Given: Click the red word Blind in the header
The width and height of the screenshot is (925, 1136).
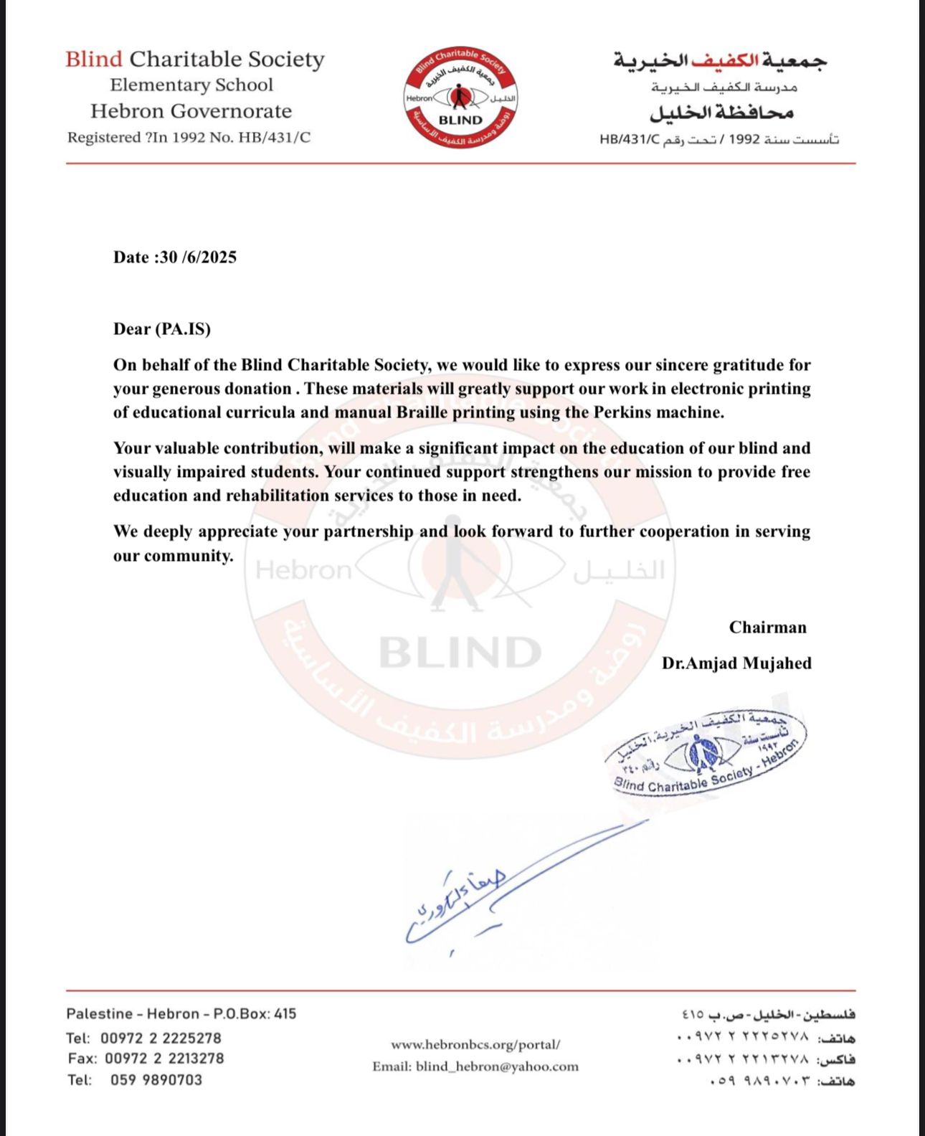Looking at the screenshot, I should [x=94, y=59].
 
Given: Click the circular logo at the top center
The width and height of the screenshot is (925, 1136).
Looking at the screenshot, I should [x=460, y=98].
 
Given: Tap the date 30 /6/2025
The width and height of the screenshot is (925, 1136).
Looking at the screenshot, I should [x=198, y=257].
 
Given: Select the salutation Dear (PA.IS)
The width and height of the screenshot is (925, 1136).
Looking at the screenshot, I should [x=162, y=329].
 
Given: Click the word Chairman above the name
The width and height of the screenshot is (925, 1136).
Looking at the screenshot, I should [x=767, y=628].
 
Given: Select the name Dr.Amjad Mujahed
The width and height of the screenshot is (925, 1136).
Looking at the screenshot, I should [x=736, y=663].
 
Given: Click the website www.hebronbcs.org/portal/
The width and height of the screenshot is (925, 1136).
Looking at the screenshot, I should [x=475, y=1045].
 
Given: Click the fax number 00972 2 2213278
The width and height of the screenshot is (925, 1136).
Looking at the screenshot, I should [x=164, y=1059].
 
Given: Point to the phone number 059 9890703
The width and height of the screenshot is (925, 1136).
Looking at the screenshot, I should [x=156, y=1080].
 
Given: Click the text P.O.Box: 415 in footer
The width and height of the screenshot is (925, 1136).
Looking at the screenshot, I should [x=255, y=1014].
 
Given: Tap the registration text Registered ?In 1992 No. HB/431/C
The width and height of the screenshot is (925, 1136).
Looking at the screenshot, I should [x=189, y=138].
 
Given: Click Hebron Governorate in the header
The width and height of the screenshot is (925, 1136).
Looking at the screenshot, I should [x=191, y=111].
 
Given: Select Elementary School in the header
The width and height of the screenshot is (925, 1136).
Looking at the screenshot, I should [x=191, y=85].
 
